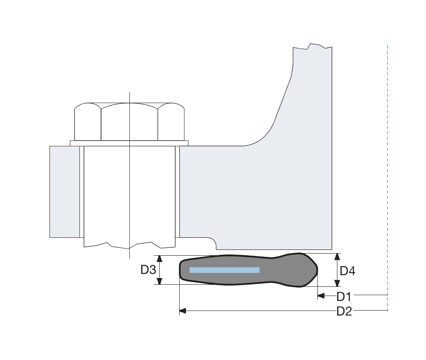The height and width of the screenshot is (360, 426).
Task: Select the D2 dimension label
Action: pyautogui.click(x=344, y=311)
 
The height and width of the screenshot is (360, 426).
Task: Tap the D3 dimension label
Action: pyautogui.click(x=148, y=270)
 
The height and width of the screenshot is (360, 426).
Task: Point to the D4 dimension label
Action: pyautogui.click(x=347, y=271)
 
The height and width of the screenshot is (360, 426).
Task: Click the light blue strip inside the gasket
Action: pyautogui.click(x=224, y=270)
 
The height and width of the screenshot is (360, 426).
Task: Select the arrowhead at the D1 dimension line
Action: pyautogui.click(x=320, y=295)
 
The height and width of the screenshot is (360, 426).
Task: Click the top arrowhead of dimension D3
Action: pyautogui.click(x=159, y=259)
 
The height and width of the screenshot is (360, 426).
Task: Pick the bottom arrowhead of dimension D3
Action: pyautogui.click(x=159, y=281)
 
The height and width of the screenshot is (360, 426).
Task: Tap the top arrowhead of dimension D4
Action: pyautogui.click(x=337, y=256)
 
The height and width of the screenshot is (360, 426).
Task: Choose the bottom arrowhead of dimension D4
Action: pyautogui.click(x=337, y=284)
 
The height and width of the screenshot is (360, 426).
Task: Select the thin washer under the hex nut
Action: pyautogui.click(x=129, y=143)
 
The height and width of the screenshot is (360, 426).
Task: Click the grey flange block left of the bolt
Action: pyautogui.click(x=64, y=191)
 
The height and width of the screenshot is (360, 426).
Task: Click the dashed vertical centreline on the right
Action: pyautogui.click(x=387, y=166)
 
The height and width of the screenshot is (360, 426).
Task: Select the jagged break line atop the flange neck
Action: pyautogui.click(x=312, y=46)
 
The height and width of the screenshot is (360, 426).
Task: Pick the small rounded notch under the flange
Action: pyautogui.click(x=211, y=241)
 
